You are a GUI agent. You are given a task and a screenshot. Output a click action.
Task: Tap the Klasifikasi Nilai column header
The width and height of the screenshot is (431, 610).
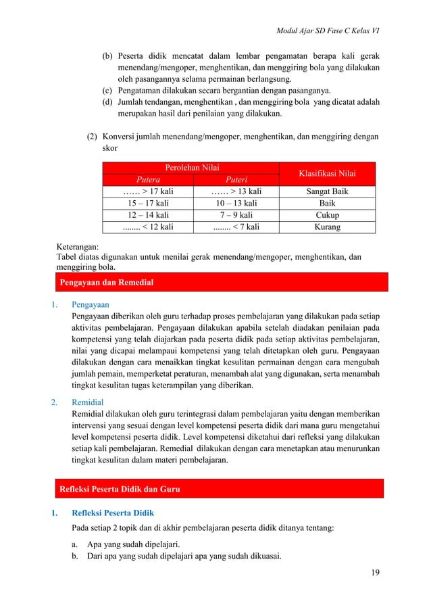tap(327, 174)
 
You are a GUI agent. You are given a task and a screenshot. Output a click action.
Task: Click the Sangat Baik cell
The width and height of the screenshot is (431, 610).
tap(327, 192)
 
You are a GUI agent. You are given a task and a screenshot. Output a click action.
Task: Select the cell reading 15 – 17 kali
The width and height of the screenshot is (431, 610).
tap(148, 204)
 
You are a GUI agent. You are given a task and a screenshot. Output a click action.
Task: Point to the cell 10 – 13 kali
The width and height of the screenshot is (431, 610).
tap(235, 204)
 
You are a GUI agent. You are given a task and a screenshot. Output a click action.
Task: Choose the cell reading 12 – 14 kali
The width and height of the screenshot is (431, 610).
tap(148, 215)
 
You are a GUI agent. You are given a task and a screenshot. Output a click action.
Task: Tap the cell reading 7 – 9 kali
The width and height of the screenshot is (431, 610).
tap(235, 215)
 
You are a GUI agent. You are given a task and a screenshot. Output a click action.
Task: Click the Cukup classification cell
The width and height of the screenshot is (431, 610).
tap(327, 215)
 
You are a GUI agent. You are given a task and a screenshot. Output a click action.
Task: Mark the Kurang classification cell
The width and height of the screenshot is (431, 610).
tap(327, 227)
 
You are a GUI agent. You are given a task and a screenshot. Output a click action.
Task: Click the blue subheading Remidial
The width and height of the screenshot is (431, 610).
tap(88, 401)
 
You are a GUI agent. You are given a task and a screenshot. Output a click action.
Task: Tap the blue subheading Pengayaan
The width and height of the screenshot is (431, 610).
tap(91, 304)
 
